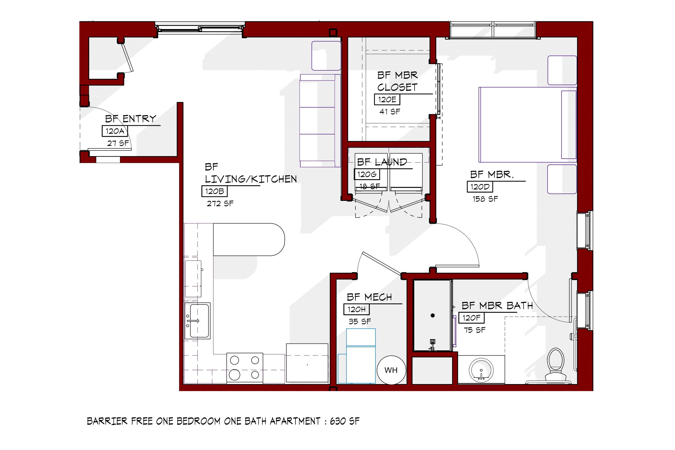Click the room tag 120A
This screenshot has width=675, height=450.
tap(114, 131)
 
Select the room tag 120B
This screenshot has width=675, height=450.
tap(214, 191)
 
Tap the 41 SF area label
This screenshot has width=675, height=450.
tap(389, 112)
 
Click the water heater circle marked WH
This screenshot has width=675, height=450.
tap(391, 370)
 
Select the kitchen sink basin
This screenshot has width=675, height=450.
tap(199, 321)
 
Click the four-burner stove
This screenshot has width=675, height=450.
tap(244, 368)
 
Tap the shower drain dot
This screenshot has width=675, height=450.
tap(432, 315)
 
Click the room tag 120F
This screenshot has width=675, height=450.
tap(471, 318)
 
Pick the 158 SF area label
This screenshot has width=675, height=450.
tap(485, 199)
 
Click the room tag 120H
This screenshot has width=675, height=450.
tap(356, 309)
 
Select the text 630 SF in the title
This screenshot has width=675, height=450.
tap(344, 421)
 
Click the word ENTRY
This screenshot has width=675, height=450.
tap(139, 119)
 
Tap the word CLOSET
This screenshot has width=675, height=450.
tap(397, 87)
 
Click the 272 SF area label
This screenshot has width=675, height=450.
tap(220, 204)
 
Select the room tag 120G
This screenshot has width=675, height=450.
tap(367, 174)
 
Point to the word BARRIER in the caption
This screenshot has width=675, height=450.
tap(107, 421)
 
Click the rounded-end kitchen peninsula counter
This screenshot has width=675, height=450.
tap(249, 239)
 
